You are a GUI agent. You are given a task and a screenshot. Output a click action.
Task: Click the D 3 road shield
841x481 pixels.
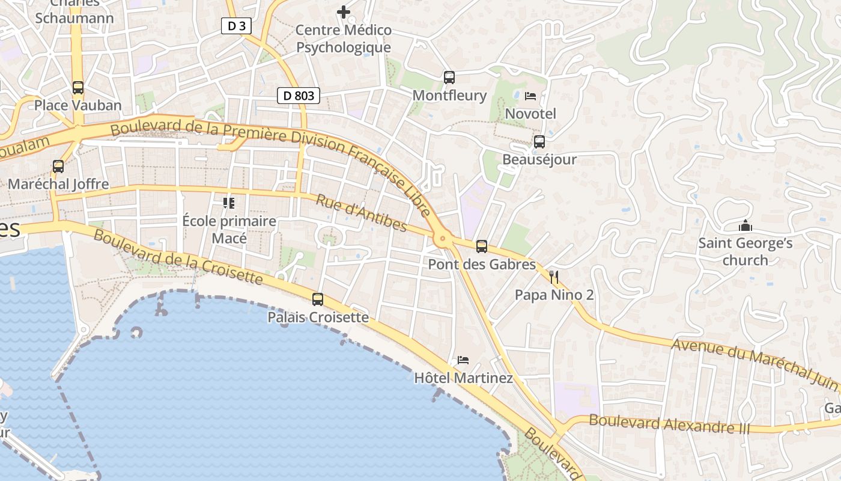pos(236,26)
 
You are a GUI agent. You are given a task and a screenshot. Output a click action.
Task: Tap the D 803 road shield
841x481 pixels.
pos(299,95)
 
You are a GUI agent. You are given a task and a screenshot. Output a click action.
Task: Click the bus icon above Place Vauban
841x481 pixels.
pos(78,88)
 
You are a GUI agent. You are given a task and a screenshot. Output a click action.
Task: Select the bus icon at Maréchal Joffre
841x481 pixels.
pos(58,167)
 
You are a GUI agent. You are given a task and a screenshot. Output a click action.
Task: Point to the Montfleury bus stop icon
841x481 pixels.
pos(449,78)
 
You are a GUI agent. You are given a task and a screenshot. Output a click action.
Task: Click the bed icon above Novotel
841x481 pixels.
pos(530,96)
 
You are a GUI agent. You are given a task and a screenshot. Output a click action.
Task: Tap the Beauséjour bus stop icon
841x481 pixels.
pos(539,142)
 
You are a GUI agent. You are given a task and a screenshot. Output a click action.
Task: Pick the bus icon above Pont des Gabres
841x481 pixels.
pos(482,247)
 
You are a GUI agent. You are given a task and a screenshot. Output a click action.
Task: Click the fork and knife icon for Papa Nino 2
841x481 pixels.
pos(554,277)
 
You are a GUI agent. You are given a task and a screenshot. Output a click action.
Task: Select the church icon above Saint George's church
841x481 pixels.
pos(745,226)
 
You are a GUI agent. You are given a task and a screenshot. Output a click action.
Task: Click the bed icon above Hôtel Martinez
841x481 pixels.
pos(463,360)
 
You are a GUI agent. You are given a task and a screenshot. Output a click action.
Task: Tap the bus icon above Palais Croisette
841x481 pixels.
pos(318,299)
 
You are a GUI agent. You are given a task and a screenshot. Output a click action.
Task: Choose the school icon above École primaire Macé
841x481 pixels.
pos(229,203)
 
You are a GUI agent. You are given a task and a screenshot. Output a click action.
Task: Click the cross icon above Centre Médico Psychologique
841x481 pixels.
pos(344,11)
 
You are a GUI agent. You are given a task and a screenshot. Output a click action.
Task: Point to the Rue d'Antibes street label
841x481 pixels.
pos(362,213)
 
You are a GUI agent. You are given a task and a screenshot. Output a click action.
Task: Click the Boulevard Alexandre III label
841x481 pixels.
pos(669,424)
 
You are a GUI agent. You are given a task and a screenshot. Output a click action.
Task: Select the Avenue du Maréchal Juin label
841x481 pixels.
pos(754,363)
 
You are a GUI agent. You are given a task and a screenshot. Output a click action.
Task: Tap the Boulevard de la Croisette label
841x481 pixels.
pos(178,257)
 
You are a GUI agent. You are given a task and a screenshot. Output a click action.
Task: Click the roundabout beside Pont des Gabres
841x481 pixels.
pos(443,239)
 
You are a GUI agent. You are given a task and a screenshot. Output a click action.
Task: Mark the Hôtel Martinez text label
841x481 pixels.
pos(464,378)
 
